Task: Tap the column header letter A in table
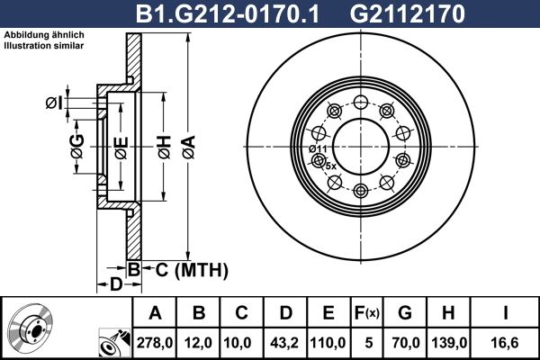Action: pos(155,313)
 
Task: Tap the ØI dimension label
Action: pos(54,103)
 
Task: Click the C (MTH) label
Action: pos(186,269)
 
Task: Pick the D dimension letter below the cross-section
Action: pos(115,285)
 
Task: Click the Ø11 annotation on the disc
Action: pos(316,148)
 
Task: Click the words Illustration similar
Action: pos(44,44)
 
